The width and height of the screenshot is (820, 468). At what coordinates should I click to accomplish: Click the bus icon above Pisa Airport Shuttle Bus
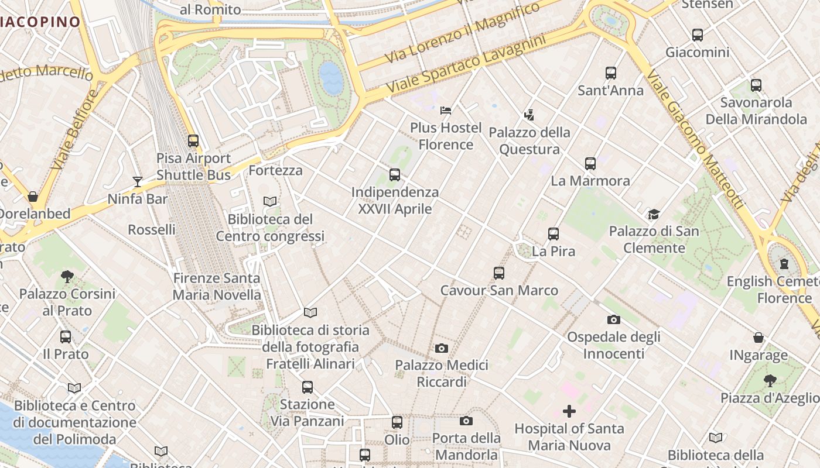[193, 141]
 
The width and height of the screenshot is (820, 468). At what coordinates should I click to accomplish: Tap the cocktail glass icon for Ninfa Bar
[138, 182]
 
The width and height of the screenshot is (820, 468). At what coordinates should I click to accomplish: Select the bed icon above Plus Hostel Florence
[446, 110]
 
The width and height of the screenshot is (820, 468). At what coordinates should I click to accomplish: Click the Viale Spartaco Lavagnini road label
[466, 67]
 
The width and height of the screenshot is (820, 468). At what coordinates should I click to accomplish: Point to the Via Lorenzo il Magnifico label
[463, 33]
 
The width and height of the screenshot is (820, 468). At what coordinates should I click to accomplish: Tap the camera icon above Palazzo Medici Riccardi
[442, 349]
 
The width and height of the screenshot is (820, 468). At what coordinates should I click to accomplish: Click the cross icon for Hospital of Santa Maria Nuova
[569, 411]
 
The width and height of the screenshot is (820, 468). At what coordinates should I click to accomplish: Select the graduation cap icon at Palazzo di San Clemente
[654, 215]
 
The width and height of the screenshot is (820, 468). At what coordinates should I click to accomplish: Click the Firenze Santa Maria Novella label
[217, 287]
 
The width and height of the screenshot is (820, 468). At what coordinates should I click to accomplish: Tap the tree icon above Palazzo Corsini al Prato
[67, 276]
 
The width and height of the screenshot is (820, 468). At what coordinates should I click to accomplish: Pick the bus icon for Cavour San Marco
[499, 273]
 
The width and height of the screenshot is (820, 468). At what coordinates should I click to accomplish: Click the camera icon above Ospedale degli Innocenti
[613, 320]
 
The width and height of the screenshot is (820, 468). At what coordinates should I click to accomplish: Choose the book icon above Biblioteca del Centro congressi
[270, 202]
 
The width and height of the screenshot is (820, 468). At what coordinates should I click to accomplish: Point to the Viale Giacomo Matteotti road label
[697, 140]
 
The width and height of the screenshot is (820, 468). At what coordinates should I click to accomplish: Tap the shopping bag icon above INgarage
[758, 338]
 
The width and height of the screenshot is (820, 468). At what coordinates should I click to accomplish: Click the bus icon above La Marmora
[590, 164]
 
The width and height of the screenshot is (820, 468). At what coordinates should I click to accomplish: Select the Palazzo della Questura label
[529, 141]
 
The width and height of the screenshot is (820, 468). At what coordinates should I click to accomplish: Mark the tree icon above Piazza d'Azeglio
[770, 381]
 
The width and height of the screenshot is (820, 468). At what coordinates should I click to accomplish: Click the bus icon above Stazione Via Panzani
[307, 387]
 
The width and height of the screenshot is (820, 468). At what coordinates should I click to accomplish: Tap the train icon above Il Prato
[66, 337]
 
